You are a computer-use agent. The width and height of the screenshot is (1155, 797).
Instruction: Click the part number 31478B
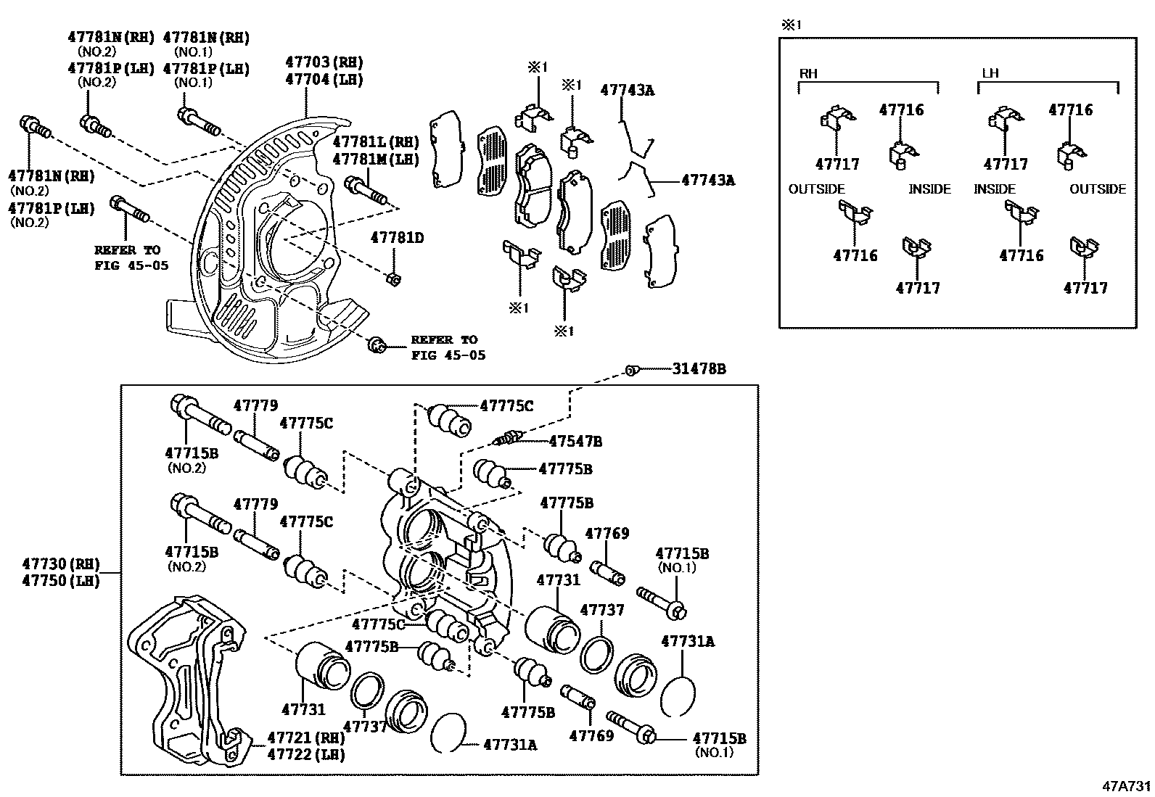(699, 369)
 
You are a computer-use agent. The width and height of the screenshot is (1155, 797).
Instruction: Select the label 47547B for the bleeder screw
(575, 441)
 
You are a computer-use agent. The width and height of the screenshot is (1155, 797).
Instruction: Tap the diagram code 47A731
(1127, 786)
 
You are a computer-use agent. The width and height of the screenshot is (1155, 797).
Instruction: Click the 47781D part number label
(397, 237)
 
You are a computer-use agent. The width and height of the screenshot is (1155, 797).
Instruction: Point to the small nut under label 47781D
(392, 278)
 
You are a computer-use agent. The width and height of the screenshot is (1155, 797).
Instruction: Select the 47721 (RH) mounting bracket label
(305, 737)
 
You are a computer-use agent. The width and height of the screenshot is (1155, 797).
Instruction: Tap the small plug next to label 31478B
(631, 371)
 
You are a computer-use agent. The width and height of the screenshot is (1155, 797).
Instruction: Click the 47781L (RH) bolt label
(376, 142)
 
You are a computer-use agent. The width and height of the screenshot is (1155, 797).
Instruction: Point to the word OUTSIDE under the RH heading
(817, 189)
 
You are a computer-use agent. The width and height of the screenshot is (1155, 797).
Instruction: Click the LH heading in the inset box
(990, 74)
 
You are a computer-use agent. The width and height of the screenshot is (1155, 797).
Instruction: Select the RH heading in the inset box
(808, 74)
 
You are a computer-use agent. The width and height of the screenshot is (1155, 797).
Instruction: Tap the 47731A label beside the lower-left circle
(510, 744)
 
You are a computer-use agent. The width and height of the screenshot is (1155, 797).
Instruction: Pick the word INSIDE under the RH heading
(929, 189)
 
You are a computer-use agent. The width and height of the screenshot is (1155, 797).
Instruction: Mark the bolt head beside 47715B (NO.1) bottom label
(649, 737)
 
